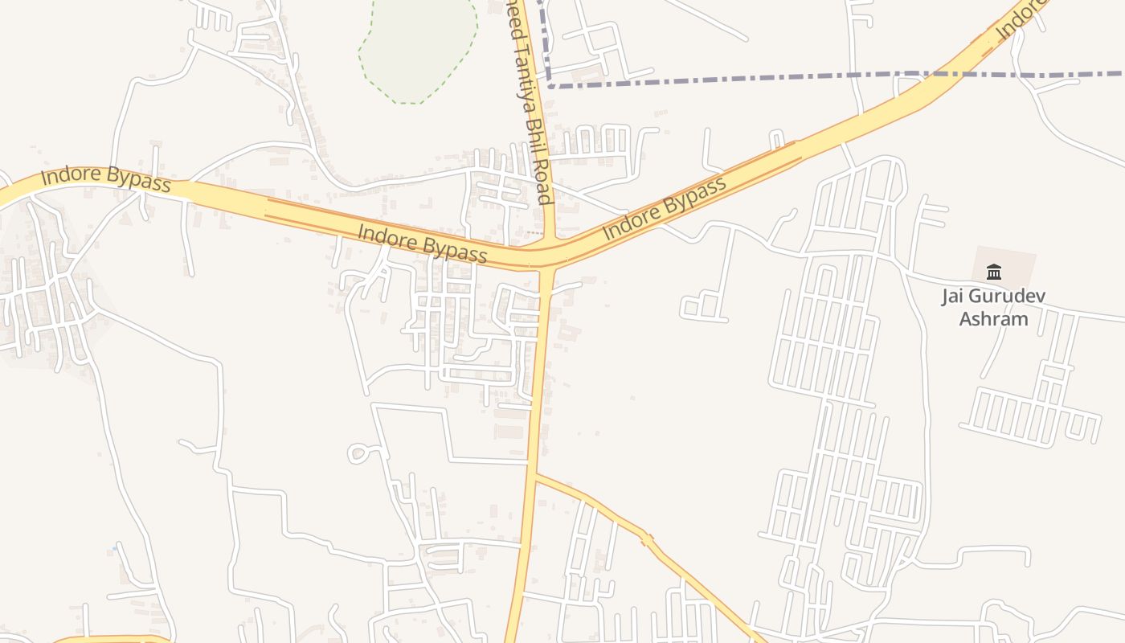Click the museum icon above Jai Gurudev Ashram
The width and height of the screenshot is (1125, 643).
(x=994, y=272)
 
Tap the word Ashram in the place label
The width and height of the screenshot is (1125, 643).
(x=994, y=319)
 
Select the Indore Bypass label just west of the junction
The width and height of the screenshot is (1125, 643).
(x=422, y=244)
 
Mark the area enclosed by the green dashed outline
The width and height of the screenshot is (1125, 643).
(x=418, y=44)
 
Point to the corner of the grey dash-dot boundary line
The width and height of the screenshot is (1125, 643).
(x=550, y=84)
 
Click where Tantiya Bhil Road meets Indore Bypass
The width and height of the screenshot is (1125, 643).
(x=550, y=256)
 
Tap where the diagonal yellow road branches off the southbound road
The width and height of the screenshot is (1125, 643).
(x=534, y=476)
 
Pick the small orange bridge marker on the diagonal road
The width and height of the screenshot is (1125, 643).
(x=647, y=540)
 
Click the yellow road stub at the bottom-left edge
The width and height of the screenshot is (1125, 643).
(x=112, y=640)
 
